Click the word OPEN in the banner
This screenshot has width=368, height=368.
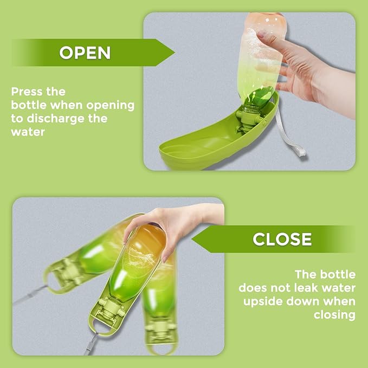(x=85, y=53)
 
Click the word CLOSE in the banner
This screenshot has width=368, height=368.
(x=282, y=239)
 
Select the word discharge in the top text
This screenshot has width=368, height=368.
(x=55, y=119)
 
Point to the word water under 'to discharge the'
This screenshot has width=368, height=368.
(x=28, y=132)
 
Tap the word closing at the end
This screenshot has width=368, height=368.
(x=335, y=315)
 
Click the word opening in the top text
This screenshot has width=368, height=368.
(x=110, y=106)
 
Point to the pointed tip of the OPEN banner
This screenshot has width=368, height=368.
(x=175, y=53)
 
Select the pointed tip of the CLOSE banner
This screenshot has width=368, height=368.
(x=192, y=239)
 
